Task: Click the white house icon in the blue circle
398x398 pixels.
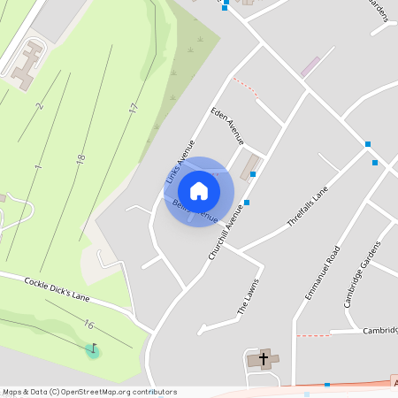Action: [199, 190]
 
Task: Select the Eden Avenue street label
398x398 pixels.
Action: [227, 126]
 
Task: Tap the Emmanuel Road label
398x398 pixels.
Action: [322, 272]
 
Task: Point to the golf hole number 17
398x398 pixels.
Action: [133, 108]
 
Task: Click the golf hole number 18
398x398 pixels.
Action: [80, 159]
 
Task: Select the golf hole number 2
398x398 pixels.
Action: [40, 106]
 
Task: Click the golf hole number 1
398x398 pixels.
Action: [38, 166]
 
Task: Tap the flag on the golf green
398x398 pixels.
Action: [92, 349]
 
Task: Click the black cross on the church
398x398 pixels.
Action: [263, 359]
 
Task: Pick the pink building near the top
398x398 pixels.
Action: [310, 66]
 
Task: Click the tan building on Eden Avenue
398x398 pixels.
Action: [250, 165]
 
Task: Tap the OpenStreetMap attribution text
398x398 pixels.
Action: [88, 392]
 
